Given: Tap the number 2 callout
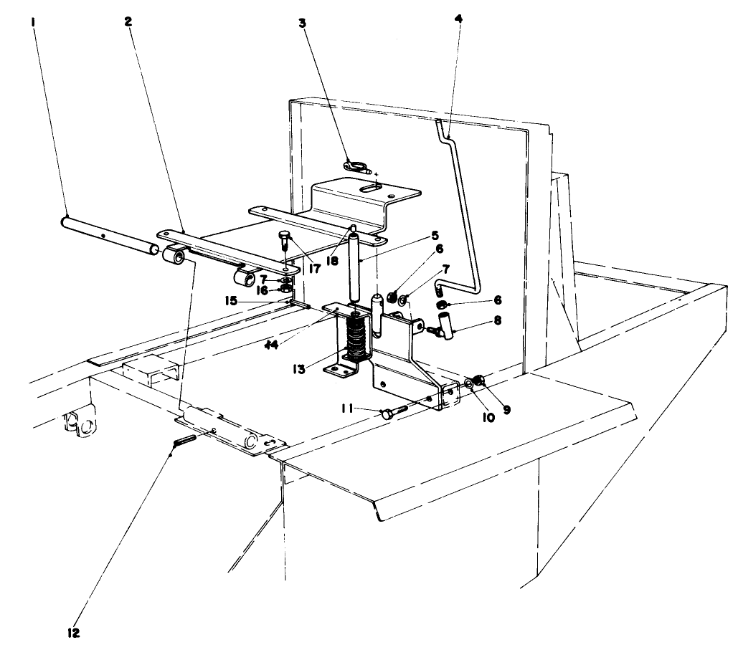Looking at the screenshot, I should pos(128,21).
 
